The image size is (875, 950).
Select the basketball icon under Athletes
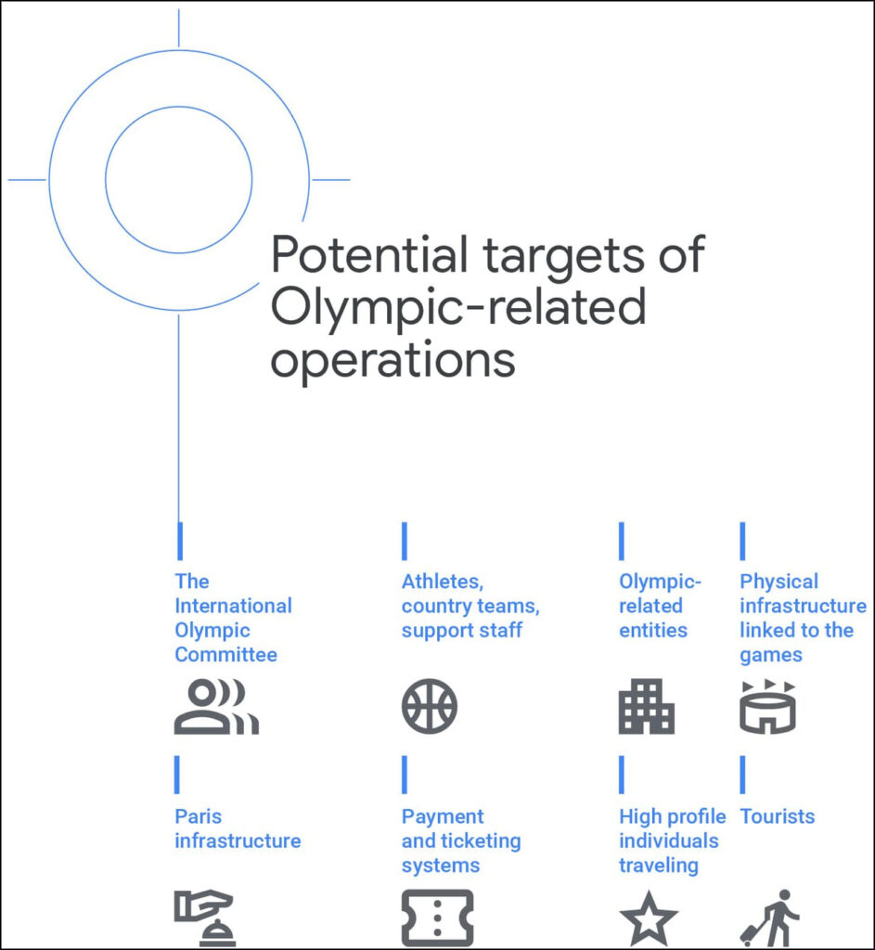point(430,706)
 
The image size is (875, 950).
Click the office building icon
point(646,706)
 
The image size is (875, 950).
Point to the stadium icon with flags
point(767,706)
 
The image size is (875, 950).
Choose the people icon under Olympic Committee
point(216,706)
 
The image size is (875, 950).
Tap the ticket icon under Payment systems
point(438,918)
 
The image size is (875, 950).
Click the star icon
point(649,918)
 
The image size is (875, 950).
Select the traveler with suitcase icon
point(769,918)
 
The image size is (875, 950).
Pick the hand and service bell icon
point(204,918)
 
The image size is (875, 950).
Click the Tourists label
point(778,816)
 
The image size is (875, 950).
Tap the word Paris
point(199,816)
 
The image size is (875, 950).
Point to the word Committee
point(226,654)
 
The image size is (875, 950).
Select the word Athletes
point(443,582)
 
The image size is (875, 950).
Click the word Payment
point(443,816)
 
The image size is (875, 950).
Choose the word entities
point(653,630)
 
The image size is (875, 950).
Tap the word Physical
point(779,582)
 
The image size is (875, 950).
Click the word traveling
point(659,866)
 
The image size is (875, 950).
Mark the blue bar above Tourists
point(742,775)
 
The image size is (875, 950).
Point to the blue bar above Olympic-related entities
point(621,541)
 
